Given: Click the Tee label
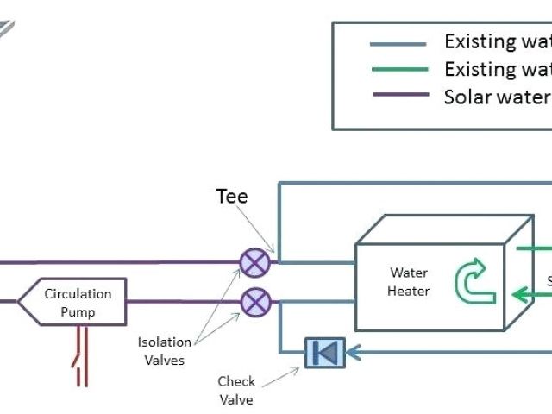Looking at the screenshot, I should pyautogui.click(x=231, y=197).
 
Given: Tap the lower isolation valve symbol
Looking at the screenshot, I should pyautogui.click(x=254, y=302).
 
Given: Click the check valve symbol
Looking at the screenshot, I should pyautogui.click(x=325, y=352).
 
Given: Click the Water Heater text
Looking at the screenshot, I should pyautogui.click(x=408, y=282).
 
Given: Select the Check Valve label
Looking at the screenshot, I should pyautogui.click(x=236, y=390).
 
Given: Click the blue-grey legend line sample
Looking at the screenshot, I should pyautogui.click(x=398, y=43).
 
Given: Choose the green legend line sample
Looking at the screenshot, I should pyautogui.click(x=398, y=69).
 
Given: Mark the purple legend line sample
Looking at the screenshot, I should pyautogui.click(x=398, y=95).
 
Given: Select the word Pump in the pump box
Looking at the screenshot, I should pyautogui.click(x=78, y=311).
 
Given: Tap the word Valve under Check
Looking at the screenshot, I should pyautogui.click(x=236, y=398).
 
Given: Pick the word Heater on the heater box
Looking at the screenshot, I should pyautogui.click(x=408, y=291).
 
